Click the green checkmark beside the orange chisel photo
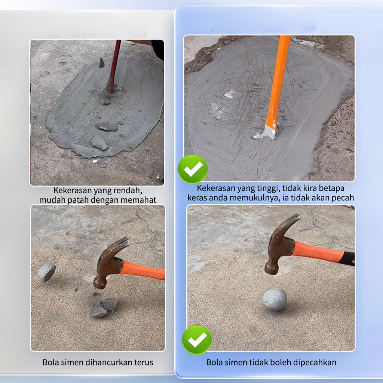point(192,169)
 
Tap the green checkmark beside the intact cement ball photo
point(197,340)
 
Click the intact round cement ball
point(275,299)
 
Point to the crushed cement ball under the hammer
point(102,307)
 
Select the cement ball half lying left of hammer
point(46,272)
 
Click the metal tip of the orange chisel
point(270,132)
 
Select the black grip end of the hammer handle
point(349,258)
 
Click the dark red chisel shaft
point(114,65)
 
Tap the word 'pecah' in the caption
point(343,198)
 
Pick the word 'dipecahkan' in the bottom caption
point(316,362)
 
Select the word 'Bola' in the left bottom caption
point(50,362)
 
